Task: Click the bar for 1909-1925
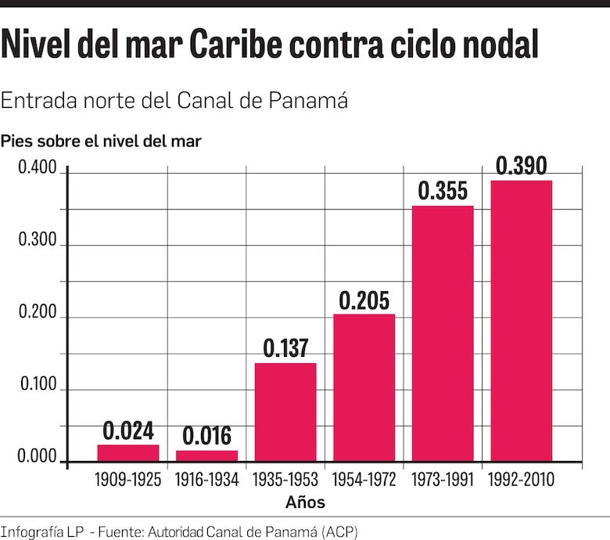click(128, 453)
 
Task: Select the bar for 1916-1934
click(206, 455)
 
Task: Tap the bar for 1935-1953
click(285, 412)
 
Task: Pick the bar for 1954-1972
click(364, 387)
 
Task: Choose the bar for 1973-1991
click(443, 333)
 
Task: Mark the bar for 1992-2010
click(522, 321)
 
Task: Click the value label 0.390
click(522, 166)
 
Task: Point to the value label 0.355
click(443, 191)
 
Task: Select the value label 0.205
click(364, 301)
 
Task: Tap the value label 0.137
click(285, 349)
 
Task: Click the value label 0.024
click(128, 431)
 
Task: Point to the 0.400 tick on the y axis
click(38, 169)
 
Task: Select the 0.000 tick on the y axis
click(38, 458)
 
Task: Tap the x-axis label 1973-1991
click(443, 480)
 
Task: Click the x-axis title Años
click(306, 502)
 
